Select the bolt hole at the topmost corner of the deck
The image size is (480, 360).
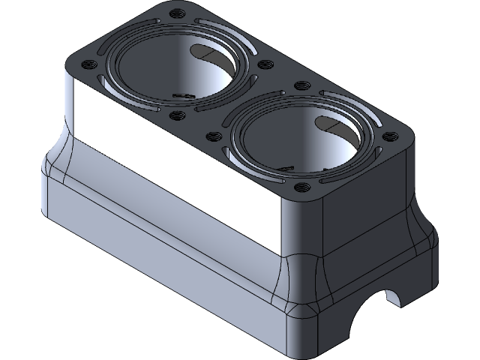point(177,13)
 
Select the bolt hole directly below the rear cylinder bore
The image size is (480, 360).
point(177,115)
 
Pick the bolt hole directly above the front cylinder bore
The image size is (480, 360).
point(299,86)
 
